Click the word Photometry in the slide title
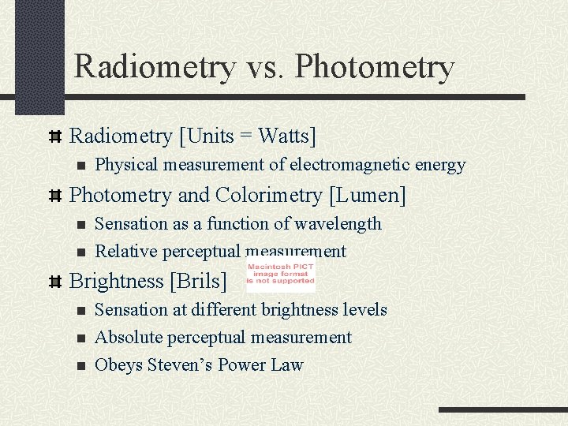[375, 67]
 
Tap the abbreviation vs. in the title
[264, 67]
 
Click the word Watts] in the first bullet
[287, 136]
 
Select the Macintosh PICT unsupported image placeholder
[281, 274]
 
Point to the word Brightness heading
[117, 281]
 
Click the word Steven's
[181, 365]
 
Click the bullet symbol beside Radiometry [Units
[55, 136]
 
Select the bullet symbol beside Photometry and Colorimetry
[55, 196]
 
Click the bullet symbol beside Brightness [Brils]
[55, 282]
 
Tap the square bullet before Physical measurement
[80, 166]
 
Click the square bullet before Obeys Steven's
[80, 366]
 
